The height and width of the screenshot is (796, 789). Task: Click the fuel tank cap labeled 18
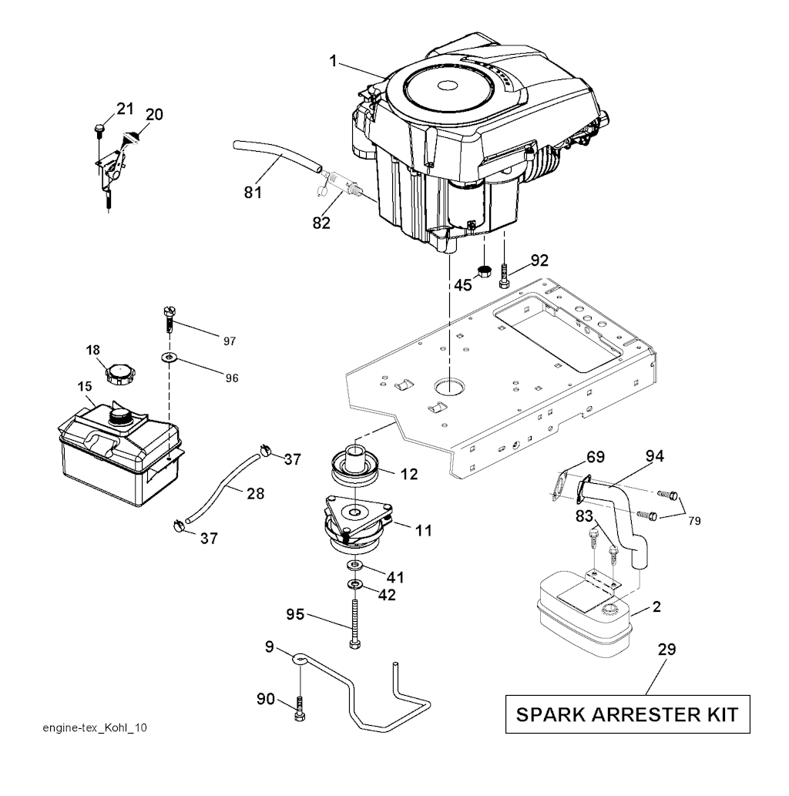(x=121, y=374)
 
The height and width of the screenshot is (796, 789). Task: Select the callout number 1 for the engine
(x=333, y=62)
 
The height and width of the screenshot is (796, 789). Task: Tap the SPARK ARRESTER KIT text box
(x=627, y=714)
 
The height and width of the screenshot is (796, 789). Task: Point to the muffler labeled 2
(x=585, y=615)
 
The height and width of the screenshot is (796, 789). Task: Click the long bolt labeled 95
(x=354, y=623)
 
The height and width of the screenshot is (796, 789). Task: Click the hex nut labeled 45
(x=485, y=270)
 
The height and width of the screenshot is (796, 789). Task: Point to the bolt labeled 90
(x=300, y=709)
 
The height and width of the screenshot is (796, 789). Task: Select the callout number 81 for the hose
(x=253, y=193)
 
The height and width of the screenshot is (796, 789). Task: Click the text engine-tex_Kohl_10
(x=95, y=728)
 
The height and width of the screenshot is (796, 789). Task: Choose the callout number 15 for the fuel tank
(x=85, y=386)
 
